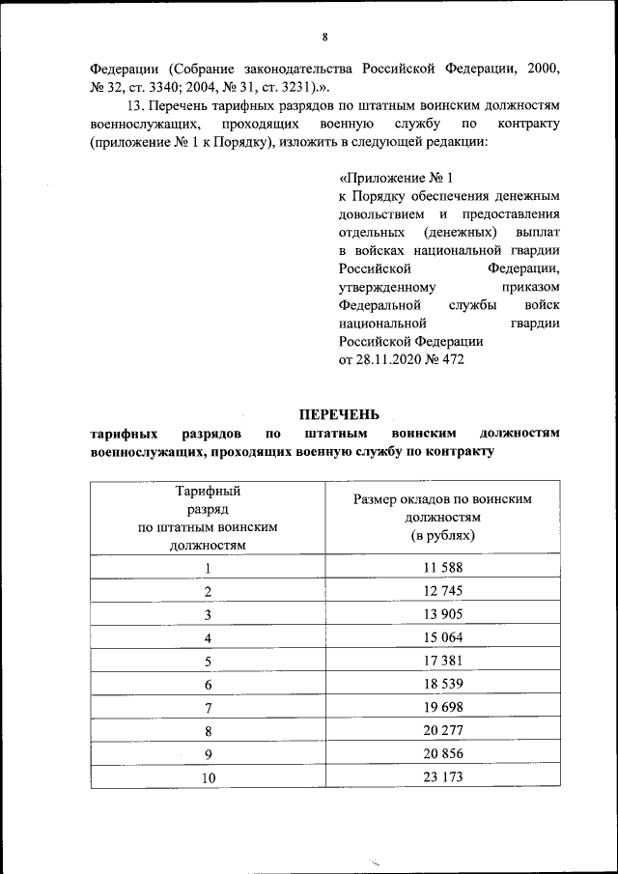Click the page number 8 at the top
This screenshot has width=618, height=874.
(x=324, y=37)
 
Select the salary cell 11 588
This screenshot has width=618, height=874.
(x=443, y=568)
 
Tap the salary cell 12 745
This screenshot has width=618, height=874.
(x=443, y=591)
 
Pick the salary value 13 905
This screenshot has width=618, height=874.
(x=443, y=614)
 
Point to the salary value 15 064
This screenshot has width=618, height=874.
(x=443, y=637)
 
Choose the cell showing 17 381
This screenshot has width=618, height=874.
(x=443, y=661)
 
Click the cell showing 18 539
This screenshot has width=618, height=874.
(x=443, y=684)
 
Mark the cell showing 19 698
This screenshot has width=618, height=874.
(x=443, y=707)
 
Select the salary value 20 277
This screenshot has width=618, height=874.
(x=443, y=730)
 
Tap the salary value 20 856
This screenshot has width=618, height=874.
(x=443, y=753)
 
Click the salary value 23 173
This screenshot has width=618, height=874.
(x=443, y=776)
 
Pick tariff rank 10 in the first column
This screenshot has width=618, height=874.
(x=208, y=777)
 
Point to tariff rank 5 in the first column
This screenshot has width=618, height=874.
(x=208, y=662)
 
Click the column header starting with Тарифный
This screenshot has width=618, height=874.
(x=208, y=493)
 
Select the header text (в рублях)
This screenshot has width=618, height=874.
(x=443, y=534)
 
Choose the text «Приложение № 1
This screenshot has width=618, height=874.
(x=396, y=178)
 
